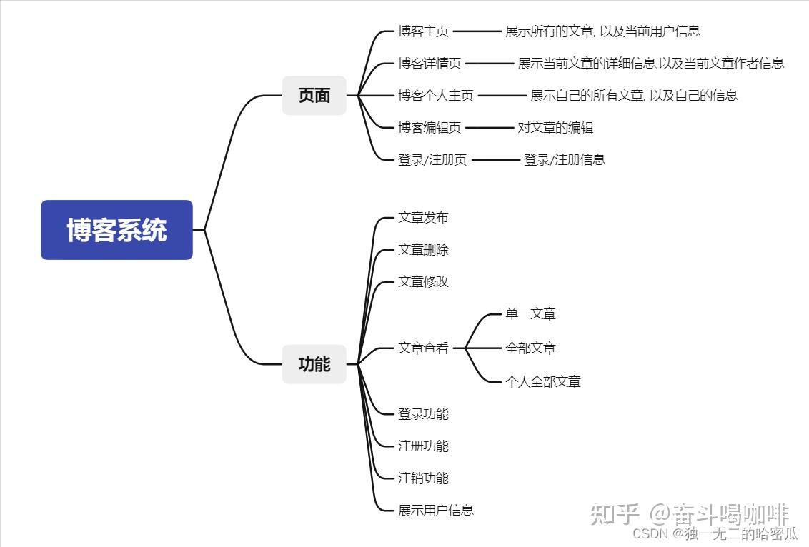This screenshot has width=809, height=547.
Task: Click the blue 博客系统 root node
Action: point(116,230)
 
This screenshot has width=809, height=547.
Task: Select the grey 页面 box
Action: point(314,96)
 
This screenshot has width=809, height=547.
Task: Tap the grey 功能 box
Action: point(314,364)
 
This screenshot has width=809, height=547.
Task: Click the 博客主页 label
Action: point(423,31)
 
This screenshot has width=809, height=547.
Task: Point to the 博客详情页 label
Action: point(430,64)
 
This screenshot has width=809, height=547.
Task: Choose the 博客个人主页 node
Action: point(435,96)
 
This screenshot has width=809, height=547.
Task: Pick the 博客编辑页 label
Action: point(430,128)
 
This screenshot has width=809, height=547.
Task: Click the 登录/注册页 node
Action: point(432,160)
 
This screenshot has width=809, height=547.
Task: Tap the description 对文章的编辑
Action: point(555,128)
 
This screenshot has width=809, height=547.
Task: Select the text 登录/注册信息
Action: point(565,160)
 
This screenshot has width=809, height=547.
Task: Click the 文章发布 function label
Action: point(423,218)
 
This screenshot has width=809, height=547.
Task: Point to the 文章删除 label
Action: point(423,250)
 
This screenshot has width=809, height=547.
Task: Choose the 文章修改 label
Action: point(423,282)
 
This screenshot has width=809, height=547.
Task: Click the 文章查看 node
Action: point(423,348)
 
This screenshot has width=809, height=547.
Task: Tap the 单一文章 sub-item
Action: point(530,313)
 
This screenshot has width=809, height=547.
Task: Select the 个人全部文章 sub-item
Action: point(543,382)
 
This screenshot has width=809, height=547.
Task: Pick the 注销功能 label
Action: point(423,478)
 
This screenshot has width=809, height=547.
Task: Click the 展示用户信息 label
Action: point(436,511)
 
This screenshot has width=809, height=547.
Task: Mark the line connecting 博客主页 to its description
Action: point(477,31)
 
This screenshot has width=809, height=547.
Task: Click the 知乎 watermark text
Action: point(613,514)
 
